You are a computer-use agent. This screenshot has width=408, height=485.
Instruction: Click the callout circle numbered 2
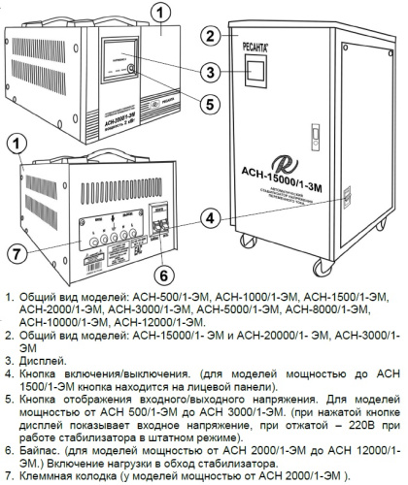(206, 37)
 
